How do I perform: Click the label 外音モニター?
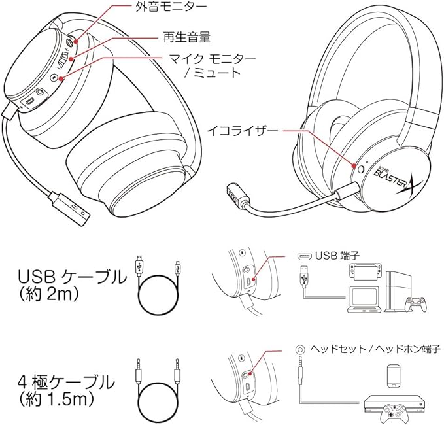[161, 8]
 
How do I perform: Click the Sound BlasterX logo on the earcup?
[392, 178]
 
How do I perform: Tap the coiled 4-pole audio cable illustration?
[160, 391]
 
